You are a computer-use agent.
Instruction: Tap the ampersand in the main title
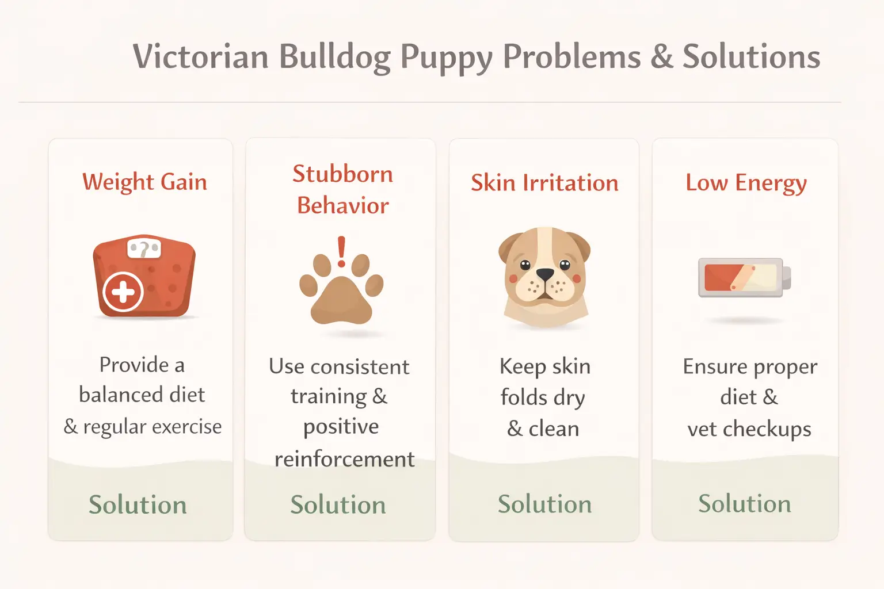coord(662,57)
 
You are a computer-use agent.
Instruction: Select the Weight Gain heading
coord(144,182)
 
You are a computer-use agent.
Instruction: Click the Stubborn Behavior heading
coord(342,189)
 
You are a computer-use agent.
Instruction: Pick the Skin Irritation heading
coord(544,183)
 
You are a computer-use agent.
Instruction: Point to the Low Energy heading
coord(746,183)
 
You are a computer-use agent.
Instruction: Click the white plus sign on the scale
coord(123,292)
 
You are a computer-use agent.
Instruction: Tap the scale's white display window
coord(144,248)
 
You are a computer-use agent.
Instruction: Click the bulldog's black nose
coord(544,274)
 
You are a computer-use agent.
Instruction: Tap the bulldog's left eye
coord(525,265)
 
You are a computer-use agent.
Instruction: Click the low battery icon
coord(744,277)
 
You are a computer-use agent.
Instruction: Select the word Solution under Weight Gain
coord(138,505)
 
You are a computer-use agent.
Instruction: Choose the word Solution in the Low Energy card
coord(745,504)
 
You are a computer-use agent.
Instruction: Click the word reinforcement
coord(344,459)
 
